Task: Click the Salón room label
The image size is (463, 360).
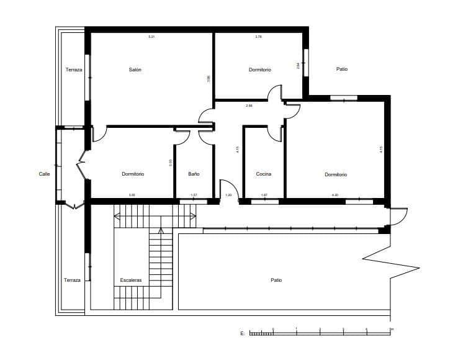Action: tap(135, 70)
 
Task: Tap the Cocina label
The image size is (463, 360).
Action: tap(263, 174)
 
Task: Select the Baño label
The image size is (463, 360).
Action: tap(194, 174)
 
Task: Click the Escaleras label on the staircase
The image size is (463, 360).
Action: tap(131, 281)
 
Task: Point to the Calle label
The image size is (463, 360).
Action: tap(44, 174)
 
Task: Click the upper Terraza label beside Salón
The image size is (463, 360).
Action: tap(73, 70)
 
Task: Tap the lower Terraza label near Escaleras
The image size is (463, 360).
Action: tap(72, 281)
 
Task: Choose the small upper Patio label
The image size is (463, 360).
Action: tap(342, 69)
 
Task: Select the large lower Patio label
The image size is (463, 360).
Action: tap(276, 281)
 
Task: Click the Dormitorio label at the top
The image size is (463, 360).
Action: tap(260, 70)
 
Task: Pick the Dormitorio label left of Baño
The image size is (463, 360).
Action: tap(133, 174)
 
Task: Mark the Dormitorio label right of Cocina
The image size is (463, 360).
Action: tap(336, 175)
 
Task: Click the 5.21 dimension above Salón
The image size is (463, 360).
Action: tap(151, 37)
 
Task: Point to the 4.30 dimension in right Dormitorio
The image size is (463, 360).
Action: tap(335, 196)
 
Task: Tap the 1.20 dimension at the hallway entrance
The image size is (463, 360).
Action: tap(228, 196)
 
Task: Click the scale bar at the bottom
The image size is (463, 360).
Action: tap(320, 333)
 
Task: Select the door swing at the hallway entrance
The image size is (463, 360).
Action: tap(228, 188)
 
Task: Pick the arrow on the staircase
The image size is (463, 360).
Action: tap(161, 232)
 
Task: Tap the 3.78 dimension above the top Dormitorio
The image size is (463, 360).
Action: tap(258, 37)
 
